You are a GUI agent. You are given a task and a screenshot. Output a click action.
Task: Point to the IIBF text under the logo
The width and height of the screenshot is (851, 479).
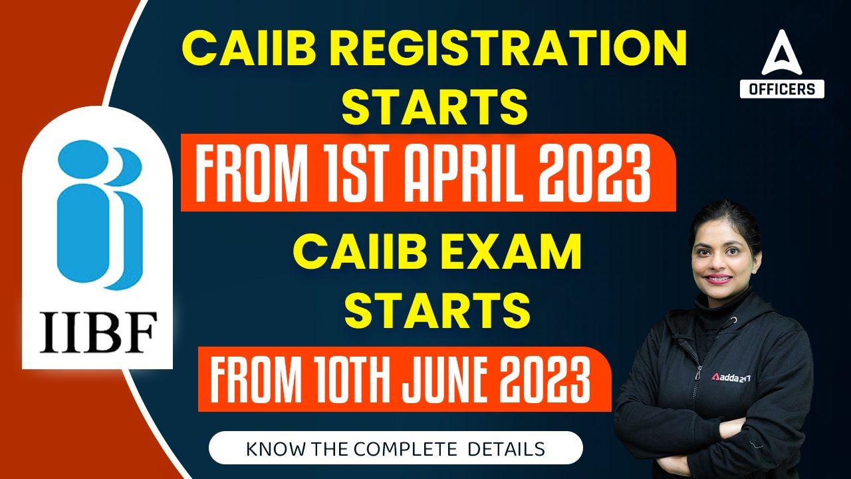98,332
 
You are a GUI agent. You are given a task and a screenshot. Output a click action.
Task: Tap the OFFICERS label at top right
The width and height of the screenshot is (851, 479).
782,88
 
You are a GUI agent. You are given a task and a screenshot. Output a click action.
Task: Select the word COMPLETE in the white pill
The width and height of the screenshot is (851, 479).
402,448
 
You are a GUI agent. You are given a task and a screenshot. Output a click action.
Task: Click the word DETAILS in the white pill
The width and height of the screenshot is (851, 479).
507,448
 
